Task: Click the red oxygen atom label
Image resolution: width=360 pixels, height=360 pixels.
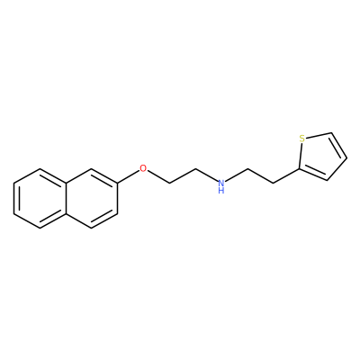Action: (143, 168)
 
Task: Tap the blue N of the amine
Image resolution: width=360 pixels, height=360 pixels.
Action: (221, 183)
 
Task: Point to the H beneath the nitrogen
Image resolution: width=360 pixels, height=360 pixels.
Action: (221, 190)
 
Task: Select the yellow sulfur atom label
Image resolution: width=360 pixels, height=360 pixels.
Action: (302, 139)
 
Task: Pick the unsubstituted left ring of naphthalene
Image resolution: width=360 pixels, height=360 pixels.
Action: (40, 198)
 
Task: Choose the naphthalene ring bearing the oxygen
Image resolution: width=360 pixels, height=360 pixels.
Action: (92, 198)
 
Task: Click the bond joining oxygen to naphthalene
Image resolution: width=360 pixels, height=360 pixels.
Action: (128, 176)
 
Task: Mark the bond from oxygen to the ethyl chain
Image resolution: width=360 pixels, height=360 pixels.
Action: (158, 176)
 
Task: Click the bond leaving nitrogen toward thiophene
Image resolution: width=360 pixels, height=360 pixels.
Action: (236, 175)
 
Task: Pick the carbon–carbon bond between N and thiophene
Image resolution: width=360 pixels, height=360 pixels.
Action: (260, 175)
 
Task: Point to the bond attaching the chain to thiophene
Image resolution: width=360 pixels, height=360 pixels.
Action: (286, 175)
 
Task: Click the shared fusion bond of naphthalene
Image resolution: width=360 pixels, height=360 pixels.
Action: (66, 198)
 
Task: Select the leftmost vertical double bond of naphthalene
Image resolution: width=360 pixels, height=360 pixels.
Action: (15, 198)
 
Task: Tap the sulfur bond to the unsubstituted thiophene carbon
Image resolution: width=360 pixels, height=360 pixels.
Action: (319, 135)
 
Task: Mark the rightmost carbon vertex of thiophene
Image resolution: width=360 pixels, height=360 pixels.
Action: (347, 157)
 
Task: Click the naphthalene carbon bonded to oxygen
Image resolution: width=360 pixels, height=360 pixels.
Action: (117, 184)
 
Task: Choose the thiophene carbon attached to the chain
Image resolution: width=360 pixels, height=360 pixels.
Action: (299, 169)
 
